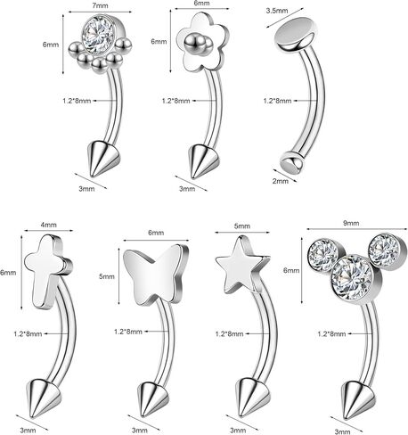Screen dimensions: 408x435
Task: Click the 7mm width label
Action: [x=101, y=5]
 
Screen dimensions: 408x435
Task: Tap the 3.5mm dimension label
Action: [x=277, y=11]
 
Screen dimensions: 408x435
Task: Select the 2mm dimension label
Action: [x=281, y=181]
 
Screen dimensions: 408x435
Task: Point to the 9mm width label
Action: [x=351, y=223]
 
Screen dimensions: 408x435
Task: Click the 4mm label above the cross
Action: [x=48, y=225]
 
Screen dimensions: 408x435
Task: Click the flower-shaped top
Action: [x=203, y=43]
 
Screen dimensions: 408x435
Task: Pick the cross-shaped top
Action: [x=48, y=271]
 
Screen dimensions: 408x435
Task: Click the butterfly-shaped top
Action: [x=156, y=273]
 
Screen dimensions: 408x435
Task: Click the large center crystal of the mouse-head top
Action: [x=352, y=277]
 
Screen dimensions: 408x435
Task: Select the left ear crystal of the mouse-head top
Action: [x=323, y=254]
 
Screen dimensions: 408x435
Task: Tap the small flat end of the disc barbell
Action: [x=292, y=163]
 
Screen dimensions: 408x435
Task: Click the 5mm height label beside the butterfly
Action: [x=107, y=276]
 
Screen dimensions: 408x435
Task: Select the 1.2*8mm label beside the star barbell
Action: [x=229, y=333]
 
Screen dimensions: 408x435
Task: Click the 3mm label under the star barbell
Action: [x=238, y=430]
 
